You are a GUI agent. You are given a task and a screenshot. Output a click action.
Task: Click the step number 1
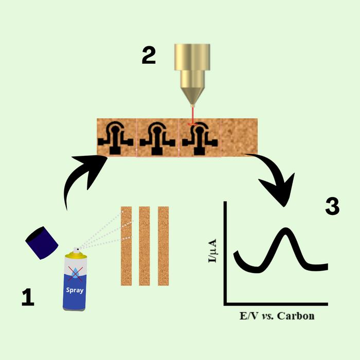28,297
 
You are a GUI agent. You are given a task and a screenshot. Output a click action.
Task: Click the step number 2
149,56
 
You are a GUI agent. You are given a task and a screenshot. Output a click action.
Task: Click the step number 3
332,206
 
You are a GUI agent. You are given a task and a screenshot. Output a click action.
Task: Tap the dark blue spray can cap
42,241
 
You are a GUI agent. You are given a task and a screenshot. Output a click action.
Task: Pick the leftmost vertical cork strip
126,246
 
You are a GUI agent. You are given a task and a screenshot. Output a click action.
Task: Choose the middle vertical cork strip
145,246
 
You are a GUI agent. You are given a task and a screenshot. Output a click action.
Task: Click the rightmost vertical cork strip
163,246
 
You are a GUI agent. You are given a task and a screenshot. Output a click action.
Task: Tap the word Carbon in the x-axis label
296,315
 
